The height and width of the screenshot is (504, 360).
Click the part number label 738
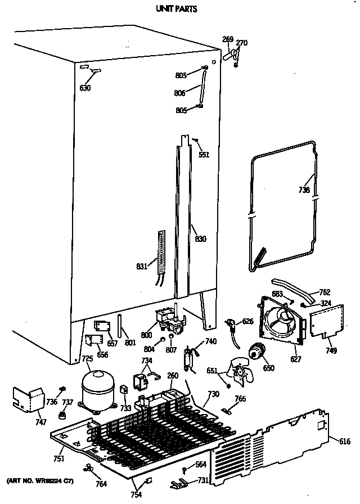(x=304, y=190)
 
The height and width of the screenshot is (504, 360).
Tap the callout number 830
(x=200, y=239)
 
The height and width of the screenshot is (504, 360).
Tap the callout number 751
(x=58, y=458)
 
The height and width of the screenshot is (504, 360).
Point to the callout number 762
(x=324, y=292)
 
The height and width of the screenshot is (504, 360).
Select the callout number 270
(x=241, y=43)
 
